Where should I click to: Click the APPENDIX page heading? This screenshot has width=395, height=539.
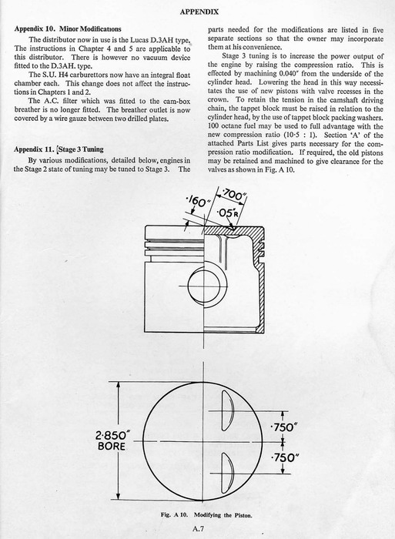(x=199, y=12)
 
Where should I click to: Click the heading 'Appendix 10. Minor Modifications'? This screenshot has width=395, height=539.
(x=68, y=29)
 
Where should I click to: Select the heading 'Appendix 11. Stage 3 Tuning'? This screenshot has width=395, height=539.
(x=59, y=149)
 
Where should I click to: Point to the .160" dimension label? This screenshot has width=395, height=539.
(x=197, y=201)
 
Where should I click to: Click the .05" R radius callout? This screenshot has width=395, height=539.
(x=227, y=213)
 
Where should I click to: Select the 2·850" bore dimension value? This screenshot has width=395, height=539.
(x=112, y=436)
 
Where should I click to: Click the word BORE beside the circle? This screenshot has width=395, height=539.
(x=112, y=446)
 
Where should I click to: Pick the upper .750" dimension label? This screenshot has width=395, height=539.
(x=284, y=427)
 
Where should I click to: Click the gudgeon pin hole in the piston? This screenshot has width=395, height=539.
(x=203, y=286)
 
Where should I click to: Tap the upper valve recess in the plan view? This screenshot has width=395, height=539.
(x=228, y=410)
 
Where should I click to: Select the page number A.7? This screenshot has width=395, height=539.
(x=199, y=529)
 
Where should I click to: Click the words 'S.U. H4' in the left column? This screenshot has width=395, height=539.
(x=41, y=75)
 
